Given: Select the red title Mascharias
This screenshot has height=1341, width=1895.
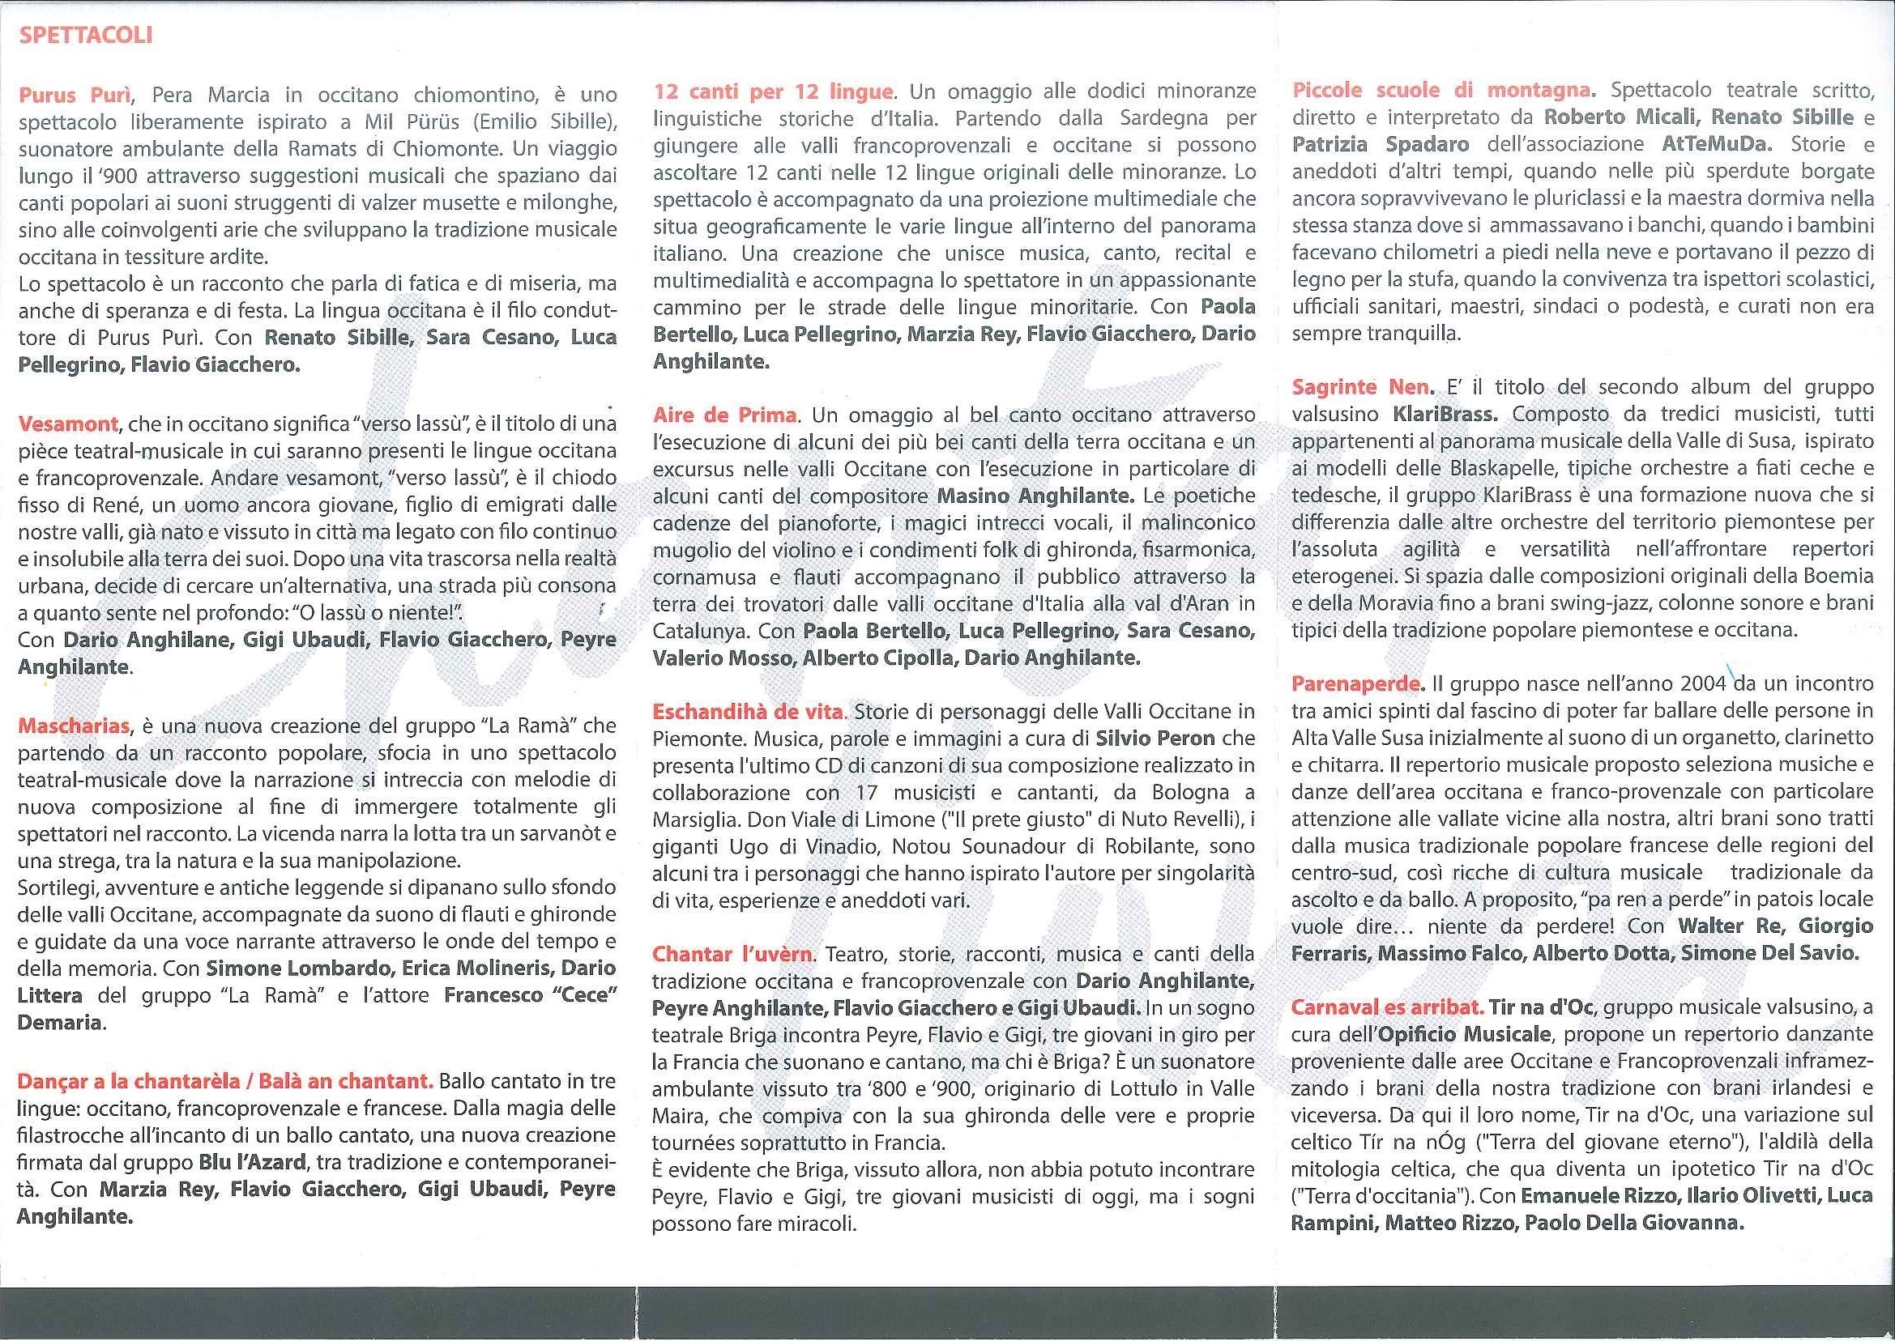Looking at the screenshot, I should click(74, 726).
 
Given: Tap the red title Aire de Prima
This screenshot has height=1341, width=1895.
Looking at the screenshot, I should click(724, 415).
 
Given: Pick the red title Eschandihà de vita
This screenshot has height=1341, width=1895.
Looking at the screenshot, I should click(748, 711).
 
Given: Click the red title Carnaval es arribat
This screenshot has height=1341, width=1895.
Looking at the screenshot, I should click(1387, 1007).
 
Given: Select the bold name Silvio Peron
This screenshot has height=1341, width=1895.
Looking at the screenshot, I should click(1154, 739).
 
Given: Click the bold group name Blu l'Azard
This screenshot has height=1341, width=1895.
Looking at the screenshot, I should click(252, 1162).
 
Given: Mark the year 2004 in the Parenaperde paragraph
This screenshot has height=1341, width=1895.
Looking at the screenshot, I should click(1702, 683).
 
